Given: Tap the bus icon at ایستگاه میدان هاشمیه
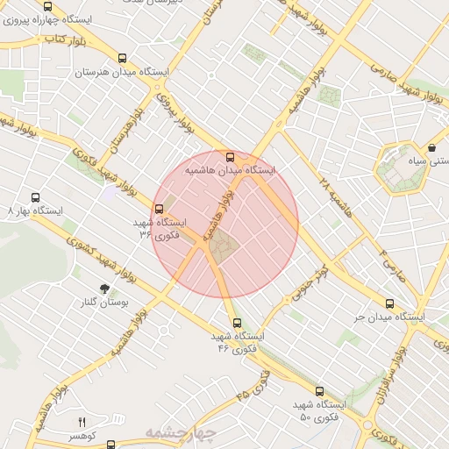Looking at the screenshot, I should (x=231, y=157).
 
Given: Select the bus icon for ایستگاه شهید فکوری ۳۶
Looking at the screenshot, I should (x=159, y=209).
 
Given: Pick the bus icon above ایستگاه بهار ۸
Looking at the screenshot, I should (x=35, y=198).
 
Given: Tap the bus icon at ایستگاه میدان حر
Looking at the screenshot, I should (x=389, y=303).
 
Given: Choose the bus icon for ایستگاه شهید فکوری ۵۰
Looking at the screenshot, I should (x=318, y=391).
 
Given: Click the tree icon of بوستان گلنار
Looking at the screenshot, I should (x=105, y=289).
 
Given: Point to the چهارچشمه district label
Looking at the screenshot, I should (x=180, y=433).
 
